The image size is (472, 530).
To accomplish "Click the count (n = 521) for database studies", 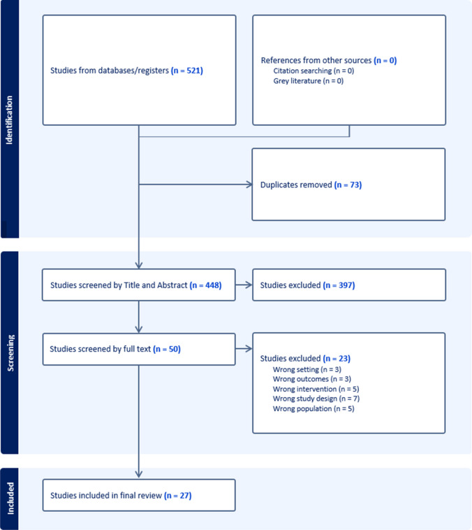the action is [x=186, y=71].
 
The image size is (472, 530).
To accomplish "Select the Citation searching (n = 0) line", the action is [x=314, y=71].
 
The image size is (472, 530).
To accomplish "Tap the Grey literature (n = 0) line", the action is [x=308, y=81].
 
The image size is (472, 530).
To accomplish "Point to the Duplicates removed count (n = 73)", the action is [x=348, y=185].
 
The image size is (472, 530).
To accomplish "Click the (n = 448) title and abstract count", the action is [x=205, y=285].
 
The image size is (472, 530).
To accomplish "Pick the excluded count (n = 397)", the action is [x=339, y=285].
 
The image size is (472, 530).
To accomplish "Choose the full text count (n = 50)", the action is [x=167, y=349].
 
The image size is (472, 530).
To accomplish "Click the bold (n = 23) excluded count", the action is [x=337, y=358].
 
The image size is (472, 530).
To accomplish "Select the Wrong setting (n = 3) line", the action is [x=307, y=369].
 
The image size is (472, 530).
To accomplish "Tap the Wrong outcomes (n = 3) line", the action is [x=312, y=379].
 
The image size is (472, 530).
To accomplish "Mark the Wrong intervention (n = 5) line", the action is [x=316, y=389].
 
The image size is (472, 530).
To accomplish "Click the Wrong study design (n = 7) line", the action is [x=316, y=399].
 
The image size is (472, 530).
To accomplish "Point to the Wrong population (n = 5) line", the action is [x=314, y=408].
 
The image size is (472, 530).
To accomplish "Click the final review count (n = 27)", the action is [x=177, y=496].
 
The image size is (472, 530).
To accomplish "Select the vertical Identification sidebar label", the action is [x=9, y=120].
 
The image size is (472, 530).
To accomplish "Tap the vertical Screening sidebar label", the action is [x=10, y=353].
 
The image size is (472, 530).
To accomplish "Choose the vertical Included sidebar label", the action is [x=10, y=499].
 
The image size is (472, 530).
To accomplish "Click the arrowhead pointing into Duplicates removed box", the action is [x=250, y=185].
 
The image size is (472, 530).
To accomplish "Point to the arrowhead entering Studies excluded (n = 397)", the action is [x=250, y=285].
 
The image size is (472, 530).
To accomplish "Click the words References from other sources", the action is [x=316, y=61].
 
